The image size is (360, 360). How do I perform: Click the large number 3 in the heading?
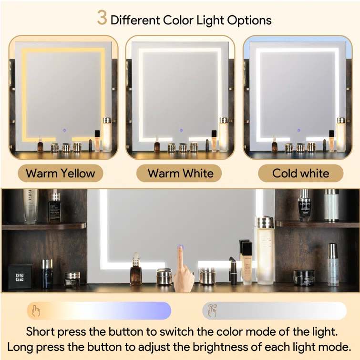[102, 18]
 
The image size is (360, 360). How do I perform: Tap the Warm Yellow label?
[61, 173]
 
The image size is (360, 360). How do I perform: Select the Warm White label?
[180, 173]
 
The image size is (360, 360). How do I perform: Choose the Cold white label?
[300, 173]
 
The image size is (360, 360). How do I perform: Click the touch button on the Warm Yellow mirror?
[64, 130]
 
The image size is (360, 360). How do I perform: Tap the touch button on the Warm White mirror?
[181, 130]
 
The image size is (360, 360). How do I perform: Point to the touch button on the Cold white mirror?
[298, 130]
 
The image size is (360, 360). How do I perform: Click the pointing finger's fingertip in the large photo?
[180, 248]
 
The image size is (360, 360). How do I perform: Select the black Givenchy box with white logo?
[20, 277]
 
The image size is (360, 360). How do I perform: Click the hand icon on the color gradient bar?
[36, 311]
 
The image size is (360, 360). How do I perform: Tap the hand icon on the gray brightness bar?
[212, 310]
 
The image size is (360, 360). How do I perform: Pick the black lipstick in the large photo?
[233, 271]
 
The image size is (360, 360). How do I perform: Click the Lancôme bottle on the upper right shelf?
[304, 206]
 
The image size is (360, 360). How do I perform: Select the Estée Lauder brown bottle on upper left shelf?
[55, 208]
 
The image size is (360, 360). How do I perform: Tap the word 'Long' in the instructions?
[20, 348]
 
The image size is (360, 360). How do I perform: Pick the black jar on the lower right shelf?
[304, 278]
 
